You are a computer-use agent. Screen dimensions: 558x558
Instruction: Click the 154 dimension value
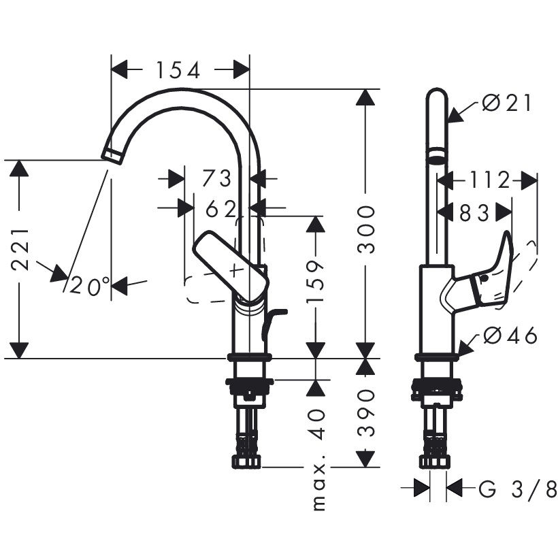coord(178,70)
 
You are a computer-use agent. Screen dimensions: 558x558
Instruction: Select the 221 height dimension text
coord(22,249)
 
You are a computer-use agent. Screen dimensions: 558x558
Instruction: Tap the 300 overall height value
coord(367,228)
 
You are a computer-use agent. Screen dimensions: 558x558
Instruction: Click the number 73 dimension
coord(217,179)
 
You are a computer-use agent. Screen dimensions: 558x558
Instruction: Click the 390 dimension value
coord(367,412)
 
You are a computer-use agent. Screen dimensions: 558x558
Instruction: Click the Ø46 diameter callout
coord(510,335)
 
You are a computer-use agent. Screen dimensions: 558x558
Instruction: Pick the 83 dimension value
coord(474,213)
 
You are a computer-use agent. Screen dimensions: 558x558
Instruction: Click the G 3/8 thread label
coord(518,489)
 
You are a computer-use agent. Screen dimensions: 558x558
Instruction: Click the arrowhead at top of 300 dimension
coord(367,98)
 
